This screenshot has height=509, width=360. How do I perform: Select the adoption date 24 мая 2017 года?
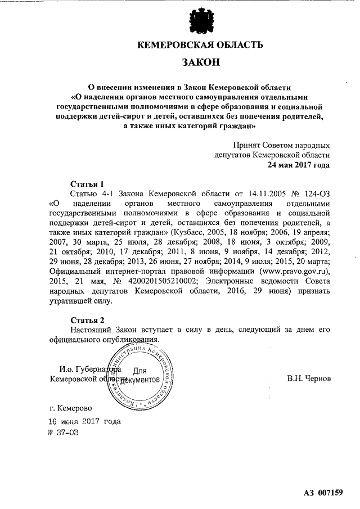point(298,165)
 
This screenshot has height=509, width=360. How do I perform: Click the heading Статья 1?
point(87,184)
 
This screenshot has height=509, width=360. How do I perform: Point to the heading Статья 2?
point(87,319)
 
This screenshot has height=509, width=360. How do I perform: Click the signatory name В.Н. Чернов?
point(309,379)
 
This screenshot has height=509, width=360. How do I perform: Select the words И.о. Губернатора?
point(89,370)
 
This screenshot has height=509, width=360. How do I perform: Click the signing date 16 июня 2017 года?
point(84,421)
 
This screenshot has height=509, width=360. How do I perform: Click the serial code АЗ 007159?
point(323,493)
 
